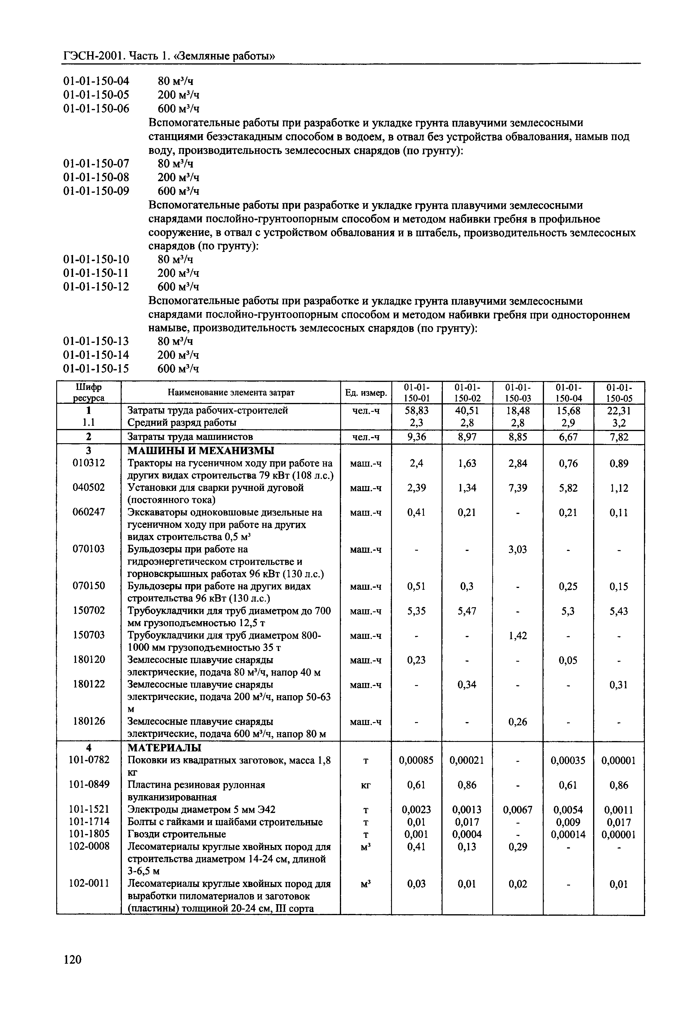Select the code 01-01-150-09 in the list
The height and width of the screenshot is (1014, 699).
[96, 191]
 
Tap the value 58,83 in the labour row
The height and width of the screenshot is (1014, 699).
[416, 411]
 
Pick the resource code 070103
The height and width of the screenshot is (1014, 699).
[89, 549]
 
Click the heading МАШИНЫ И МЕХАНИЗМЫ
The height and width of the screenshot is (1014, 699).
[201, 451]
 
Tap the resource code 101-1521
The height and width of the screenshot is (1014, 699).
[89, 809]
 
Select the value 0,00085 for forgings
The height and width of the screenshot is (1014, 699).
[416, 760]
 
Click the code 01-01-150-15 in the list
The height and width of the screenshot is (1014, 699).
[96, 369]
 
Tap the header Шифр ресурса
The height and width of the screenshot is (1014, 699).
[89, 393]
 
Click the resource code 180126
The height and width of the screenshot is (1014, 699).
[89, 721]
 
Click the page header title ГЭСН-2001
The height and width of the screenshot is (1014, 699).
[94, 56]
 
